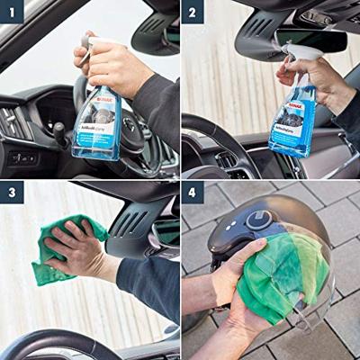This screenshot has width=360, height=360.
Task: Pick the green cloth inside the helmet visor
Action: (x=279, y=274)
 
